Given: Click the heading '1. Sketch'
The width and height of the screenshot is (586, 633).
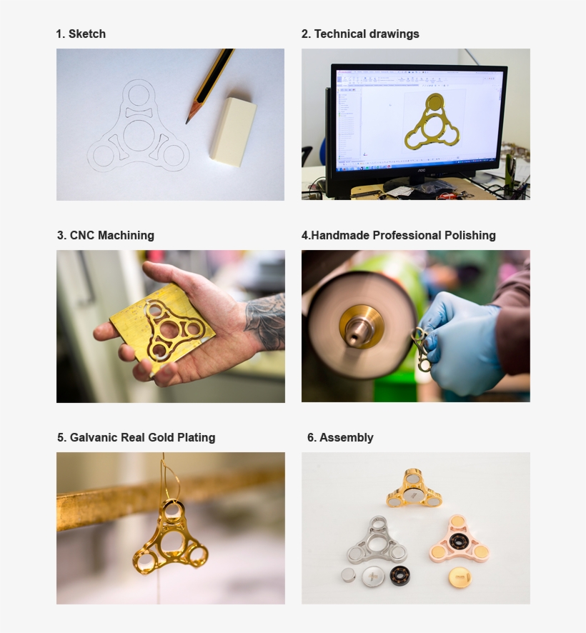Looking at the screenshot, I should tap(81, 34).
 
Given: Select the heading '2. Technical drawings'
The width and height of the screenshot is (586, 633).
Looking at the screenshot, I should tap(360, 34).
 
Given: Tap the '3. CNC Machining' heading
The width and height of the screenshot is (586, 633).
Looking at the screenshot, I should tap(105, 235).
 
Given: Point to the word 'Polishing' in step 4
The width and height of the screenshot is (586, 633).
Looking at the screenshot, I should tap(470, 235).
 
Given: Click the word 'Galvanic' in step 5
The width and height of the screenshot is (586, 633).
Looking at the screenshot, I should tap(93, 437).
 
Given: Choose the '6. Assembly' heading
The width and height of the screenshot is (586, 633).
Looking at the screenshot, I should tap(340, 437).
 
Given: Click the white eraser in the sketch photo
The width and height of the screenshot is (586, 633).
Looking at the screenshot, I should tap(233, 131).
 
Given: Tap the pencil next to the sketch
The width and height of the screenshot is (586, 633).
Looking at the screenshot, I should tap(209, 85).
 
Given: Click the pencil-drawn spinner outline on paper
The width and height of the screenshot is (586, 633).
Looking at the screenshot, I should tap(138, 132).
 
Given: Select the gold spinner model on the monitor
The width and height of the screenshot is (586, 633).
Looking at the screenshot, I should tap(432, 124).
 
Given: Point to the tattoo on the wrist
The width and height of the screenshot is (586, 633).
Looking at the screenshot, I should tap(265, 322).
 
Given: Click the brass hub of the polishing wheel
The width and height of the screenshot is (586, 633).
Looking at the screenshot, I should tap(361, 327).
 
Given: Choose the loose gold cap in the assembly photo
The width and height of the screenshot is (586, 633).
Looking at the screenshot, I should tap(460, 577).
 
